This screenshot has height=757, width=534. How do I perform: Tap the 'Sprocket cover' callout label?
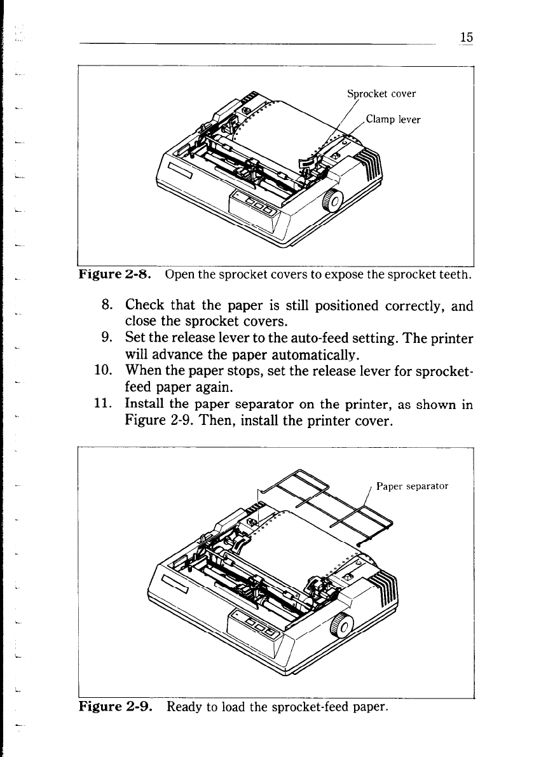(x=381, y=94)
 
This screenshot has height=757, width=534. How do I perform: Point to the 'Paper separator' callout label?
(x=413, y=487)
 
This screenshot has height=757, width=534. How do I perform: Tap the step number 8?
(x=106, y=306)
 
